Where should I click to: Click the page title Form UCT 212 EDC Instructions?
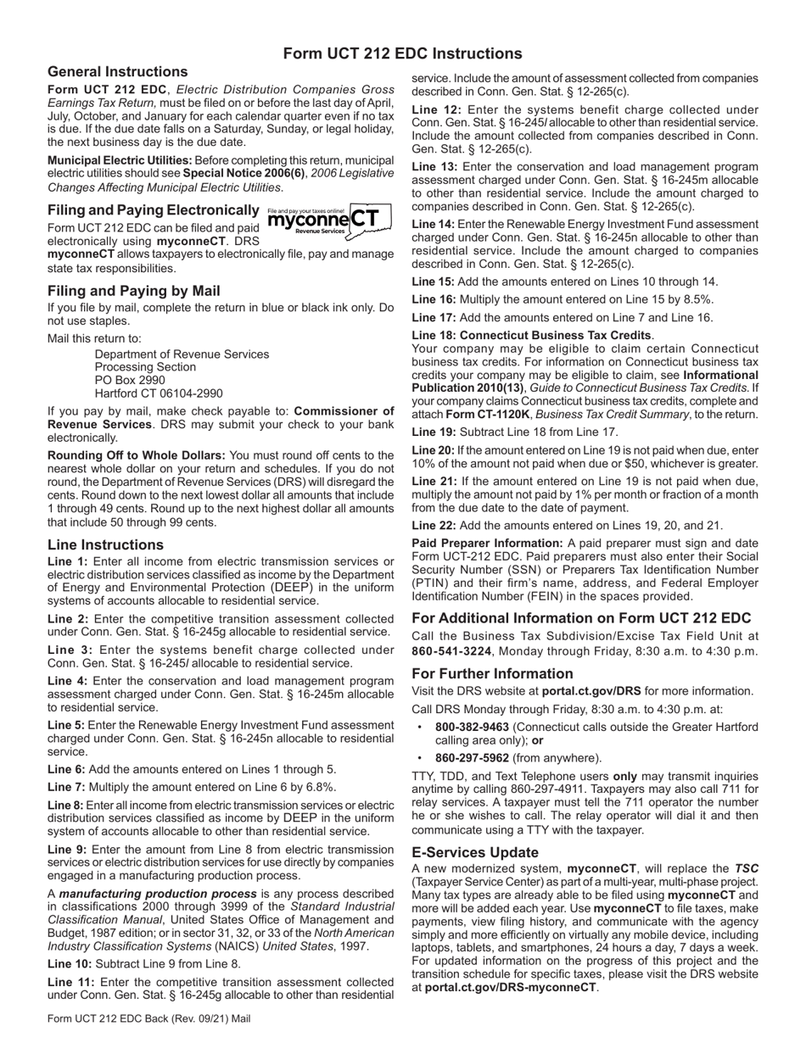pos(402,53)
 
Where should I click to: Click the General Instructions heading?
pos(118,72)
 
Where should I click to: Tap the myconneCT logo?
pos(329,221)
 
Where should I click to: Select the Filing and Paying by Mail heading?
pos(134,291)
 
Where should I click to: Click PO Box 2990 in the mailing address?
pos(130,381)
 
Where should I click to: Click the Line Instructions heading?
pos(105,544)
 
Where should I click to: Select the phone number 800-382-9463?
pos(472,727)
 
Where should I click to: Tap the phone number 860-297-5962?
pos(472,757)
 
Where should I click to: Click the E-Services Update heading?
pos(474,852)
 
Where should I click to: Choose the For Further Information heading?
pos(492,673)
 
